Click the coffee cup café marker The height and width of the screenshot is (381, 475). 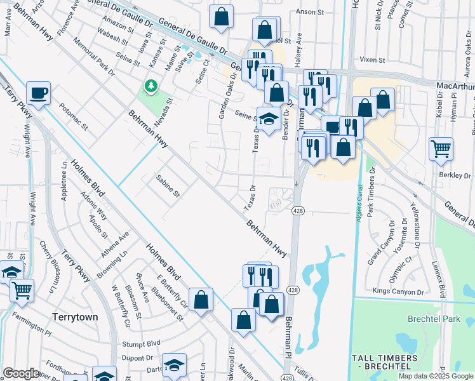click(x=39, y=94)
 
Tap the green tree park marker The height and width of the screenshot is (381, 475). click(x=151, y=86)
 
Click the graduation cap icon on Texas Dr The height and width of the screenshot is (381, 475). click(x=269, y=119)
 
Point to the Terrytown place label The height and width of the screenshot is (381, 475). click(x=77, y=316)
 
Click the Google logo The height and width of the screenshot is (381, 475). click(x=20, y=373)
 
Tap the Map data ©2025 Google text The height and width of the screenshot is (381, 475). click(x=435, y=376)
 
